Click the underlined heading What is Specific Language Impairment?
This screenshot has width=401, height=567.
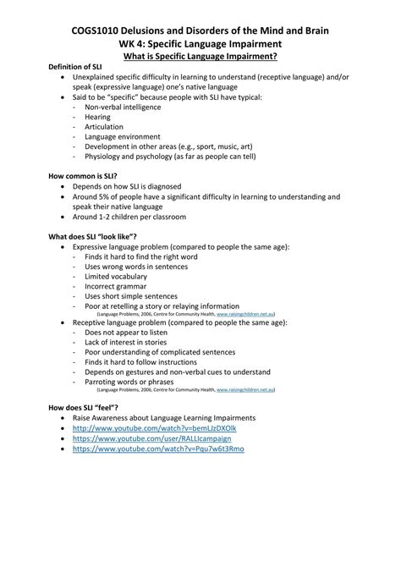(200, 57)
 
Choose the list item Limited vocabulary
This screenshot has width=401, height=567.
(115, 277)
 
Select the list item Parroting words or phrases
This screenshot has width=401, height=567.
(132, 382)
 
